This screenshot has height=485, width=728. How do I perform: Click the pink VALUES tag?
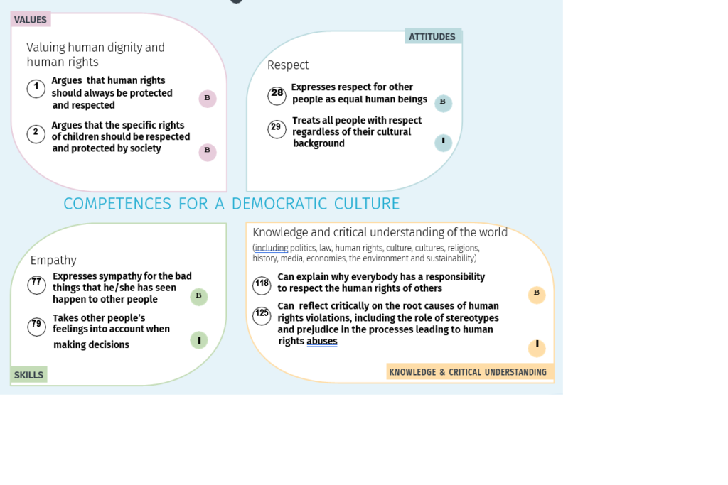coord(30,19)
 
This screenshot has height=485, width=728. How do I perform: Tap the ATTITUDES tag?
coord(433,37)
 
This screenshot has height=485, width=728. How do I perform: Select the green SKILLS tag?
coord(28,375)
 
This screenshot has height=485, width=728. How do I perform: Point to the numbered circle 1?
coord(36,88)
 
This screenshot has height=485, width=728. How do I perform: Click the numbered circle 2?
coord(36,133)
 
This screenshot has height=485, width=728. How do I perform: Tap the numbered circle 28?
coord(277,96)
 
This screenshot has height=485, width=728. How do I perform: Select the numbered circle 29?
coord(277,129)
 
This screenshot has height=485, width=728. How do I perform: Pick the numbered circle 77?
coord(36,285)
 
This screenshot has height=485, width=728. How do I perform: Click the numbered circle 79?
coord(36,326)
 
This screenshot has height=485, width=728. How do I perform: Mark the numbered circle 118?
coord(262,285)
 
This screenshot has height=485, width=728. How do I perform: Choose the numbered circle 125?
coord(262,316)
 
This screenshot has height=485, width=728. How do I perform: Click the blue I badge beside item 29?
coord(443,142)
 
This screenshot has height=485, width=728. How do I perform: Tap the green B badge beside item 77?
coord(199,296)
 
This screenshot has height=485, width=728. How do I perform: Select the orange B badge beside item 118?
coord(537,294)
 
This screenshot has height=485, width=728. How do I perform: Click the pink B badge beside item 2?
coord(208,152)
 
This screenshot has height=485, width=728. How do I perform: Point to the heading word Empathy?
coord(53,261)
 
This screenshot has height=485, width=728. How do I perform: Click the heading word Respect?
coord(288,65)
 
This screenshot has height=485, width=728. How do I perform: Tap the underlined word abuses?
coord(322,342)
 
